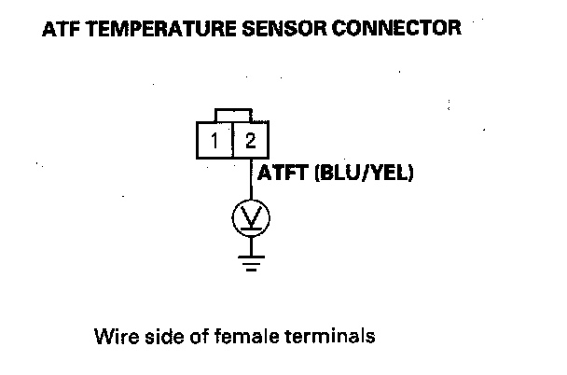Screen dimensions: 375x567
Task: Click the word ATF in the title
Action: click(60, 29)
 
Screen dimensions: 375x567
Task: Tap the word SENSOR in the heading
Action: click(271, 29)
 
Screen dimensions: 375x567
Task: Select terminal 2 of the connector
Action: click(249, 141)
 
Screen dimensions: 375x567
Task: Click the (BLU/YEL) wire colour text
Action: click(366, 174)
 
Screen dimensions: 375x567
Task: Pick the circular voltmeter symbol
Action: click(250, 218)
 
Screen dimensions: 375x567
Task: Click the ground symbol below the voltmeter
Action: click(250, 262)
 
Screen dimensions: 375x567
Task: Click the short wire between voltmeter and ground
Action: click(250, 244)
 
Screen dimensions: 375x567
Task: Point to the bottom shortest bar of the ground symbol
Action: click(250, 269)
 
